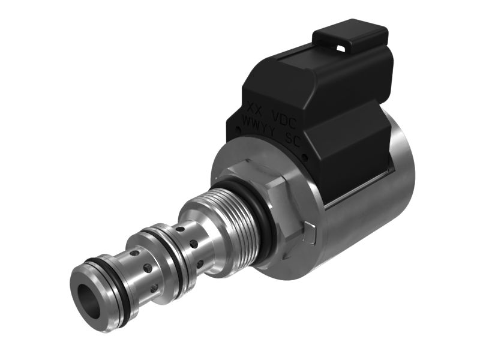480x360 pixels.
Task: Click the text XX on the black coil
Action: point(256,110)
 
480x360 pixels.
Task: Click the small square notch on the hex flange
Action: point(310,229)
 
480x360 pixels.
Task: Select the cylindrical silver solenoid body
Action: point(372,180)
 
